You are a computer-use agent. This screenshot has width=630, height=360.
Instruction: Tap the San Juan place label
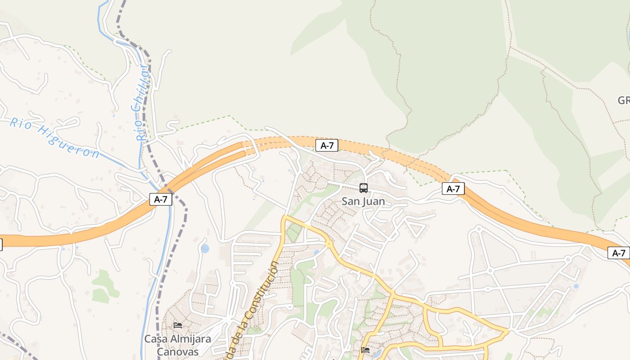tap(363, 201)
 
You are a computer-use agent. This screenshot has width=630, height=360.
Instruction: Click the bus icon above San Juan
tap(364, 188)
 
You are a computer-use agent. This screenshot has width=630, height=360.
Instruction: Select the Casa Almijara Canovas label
tap(177, 345)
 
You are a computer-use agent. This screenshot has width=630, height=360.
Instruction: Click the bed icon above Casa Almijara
tap(178, 325)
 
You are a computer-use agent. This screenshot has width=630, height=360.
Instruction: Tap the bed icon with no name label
tap(365, 350)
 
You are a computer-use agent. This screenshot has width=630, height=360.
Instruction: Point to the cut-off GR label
tap(624, 100)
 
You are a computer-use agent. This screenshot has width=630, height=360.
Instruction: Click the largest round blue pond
tap(205, 248)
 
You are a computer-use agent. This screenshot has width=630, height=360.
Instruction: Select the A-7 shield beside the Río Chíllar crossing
tap(161, 199)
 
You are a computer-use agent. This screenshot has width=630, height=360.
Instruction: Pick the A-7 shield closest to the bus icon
tap(327, 145)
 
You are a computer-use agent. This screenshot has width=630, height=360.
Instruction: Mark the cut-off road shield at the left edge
tap(1, 245)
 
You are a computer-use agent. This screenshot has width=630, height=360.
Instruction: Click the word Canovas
tap(177, 352)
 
